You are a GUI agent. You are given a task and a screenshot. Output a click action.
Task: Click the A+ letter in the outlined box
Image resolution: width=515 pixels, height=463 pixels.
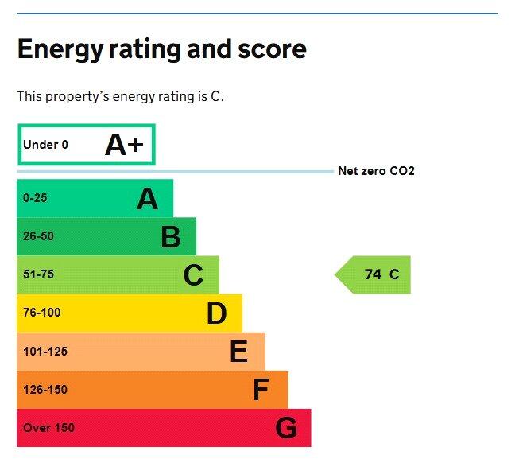[x=125, y=145]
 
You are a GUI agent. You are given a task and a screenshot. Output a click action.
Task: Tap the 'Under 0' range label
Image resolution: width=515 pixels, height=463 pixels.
[x=45, y=145]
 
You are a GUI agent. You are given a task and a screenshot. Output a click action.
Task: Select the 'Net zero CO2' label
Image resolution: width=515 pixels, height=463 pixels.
[x=376, y=171]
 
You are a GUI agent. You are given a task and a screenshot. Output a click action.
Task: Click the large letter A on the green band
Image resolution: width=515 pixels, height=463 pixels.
[x=147, y=199]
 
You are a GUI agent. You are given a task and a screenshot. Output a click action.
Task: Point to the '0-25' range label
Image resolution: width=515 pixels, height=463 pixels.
[x=35, y=198]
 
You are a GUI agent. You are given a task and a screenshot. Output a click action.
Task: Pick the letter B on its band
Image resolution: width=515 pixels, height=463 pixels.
[x=170, y=237]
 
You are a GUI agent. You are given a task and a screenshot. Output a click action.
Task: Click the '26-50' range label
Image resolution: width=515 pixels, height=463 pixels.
[x=38, y=236]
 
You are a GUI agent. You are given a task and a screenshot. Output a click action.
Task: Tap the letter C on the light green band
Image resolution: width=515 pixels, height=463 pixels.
[x=193, y=275]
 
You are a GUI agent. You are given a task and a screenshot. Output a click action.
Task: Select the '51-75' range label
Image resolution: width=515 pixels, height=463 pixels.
[x=38, y=274]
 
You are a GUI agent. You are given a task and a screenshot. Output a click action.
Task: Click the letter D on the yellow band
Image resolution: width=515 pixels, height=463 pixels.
[x=216, y=313]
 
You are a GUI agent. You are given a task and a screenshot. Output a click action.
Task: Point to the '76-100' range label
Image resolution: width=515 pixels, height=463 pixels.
[x=41, y=313]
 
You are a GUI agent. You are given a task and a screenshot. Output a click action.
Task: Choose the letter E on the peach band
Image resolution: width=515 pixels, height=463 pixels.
[x=238, y=352]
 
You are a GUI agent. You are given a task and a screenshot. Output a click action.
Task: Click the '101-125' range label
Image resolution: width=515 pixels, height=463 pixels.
[x=45, y=351]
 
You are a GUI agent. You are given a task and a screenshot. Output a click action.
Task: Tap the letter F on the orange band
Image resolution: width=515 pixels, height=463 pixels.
[x=261, y=390]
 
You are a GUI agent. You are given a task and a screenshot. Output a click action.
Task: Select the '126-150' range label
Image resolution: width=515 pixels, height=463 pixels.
[x=45, y=390]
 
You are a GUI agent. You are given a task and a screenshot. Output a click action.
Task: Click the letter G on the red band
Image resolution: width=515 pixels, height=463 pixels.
[x=286, y=429]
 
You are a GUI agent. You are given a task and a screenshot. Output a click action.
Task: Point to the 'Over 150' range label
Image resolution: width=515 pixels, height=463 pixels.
[x=48, y=428]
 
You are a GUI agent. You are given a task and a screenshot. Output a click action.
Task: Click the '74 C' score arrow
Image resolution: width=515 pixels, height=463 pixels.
[x=374, y=274]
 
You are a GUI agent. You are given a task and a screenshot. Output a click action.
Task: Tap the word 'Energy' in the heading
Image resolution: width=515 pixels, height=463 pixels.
[x=59, y=50]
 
